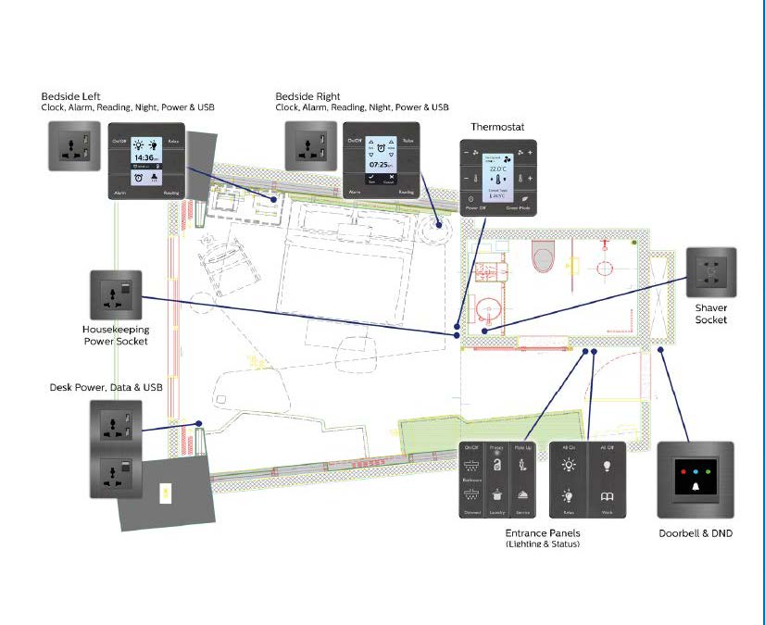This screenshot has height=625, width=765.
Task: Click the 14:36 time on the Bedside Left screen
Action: [x=145, y=157]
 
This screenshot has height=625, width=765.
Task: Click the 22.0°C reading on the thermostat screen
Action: [x=498, y=169]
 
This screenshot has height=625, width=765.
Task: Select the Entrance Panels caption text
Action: [x=541, y=533]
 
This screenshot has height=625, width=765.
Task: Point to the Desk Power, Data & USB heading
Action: [x=106, y=387]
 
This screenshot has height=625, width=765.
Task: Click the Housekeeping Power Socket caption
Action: [x=116, y=335]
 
